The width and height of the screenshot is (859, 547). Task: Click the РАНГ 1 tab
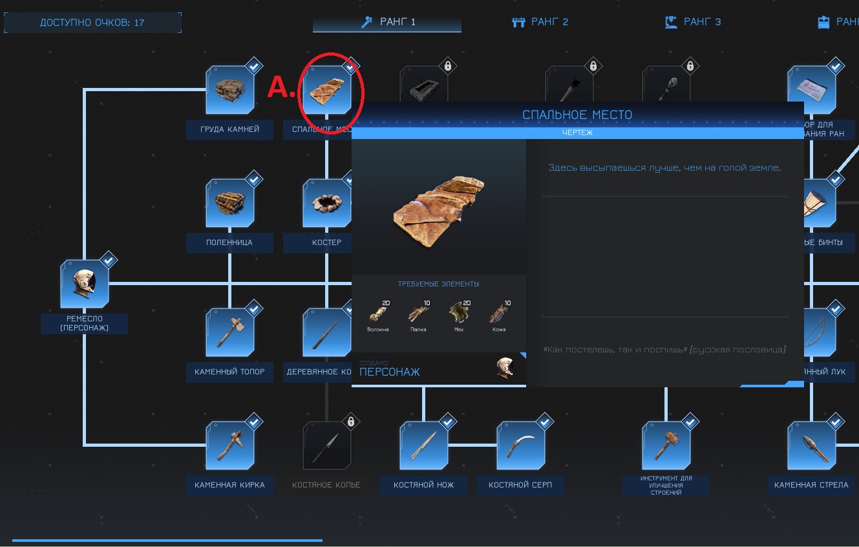coord(388,22)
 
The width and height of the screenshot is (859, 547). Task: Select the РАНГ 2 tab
coord(540,22)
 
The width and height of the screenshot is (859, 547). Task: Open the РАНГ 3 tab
coord(693,22)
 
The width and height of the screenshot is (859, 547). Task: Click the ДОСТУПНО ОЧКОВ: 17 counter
coord(92,23)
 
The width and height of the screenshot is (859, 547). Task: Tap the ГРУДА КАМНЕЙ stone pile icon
coord(229,90)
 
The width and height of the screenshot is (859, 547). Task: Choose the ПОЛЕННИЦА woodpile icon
coord(229,204)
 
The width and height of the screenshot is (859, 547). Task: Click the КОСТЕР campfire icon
coord(326,204)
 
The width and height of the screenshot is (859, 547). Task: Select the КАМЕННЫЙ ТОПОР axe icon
coord(229,332)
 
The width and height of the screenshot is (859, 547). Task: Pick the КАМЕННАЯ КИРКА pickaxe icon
coord(229,445)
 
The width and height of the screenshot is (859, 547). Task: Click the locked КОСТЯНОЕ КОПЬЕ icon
coord(326,445)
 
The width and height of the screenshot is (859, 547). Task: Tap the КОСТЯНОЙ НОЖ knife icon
coord(423,445)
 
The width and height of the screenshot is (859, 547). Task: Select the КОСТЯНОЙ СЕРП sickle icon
coord(520,445)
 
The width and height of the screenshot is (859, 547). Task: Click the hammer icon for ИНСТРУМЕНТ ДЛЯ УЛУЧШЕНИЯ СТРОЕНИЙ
coord(666,445)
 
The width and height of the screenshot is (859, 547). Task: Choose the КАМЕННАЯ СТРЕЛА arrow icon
coord(811,445)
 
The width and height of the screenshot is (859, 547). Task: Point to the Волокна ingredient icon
coord(378,314)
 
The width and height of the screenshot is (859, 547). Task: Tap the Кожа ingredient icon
coord(498,314)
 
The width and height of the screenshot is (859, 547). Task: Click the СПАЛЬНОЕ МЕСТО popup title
coord(577,115)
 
